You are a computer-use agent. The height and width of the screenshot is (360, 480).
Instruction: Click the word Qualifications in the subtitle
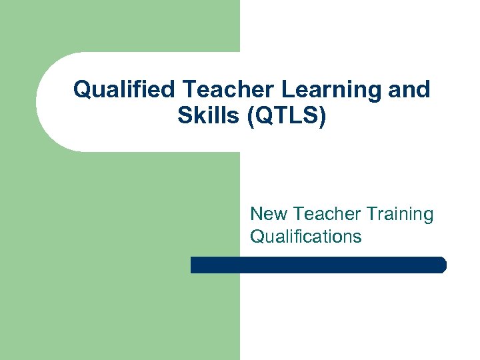coord(306,236)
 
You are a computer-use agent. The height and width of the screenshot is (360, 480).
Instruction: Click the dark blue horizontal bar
coord(318,265)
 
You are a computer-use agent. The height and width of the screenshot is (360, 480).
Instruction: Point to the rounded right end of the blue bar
coord(442,265)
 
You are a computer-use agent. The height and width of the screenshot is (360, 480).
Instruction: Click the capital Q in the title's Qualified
coord(81,89)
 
